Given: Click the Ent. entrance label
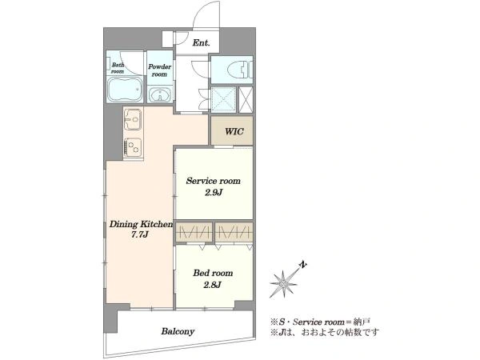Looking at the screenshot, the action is [201, 43].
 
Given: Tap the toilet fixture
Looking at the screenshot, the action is [240, 70].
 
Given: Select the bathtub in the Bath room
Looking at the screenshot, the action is [125, 90].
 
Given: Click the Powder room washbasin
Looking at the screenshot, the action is [160, 94].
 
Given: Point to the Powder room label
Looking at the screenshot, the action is [159, 70].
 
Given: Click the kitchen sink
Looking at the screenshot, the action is [133, 120].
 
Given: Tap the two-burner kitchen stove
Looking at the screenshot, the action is [133, 147].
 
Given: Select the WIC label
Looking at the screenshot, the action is [234, 132].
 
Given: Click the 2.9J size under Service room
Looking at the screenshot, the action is [214, 193].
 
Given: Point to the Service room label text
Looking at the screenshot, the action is [214, 181].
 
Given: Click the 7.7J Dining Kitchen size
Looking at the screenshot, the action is [139, 235].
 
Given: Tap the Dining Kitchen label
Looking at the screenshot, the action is [141, 224].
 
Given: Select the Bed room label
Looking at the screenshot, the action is [213, 273].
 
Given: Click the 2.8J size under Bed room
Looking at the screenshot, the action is [213, 285].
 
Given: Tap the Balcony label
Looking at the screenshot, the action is [178, 331].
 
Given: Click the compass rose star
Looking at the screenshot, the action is [284, 284].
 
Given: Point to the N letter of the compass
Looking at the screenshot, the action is [302, 265].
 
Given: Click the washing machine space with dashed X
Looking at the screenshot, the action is [224, 99].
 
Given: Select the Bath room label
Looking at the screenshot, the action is [118, 68].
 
